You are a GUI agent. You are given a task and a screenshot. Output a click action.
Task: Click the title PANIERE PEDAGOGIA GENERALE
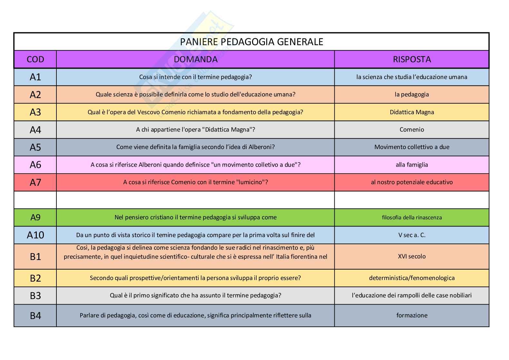click(251, 42)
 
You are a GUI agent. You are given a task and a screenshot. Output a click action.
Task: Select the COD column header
click(35, 59)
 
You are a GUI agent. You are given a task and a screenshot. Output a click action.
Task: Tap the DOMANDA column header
click(195, 59)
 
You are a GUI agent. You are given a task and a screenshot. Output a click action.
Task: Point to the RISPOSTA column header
click(412, 59)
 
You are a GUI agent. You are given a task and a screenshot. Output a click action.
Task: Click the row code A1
click(35, 77)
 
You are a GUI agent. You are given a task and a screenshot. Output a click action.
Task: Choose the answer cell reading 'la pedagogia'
click(412, 95)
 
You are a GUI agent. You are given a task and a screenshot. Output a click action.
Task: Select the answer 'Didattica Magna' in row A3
click(412, 112)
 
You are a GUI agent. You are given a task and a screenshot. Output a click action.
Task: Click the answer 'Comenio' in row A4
click(412, 130)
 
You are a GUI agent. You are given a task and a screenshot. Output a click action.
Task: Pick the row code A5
click(35, 147)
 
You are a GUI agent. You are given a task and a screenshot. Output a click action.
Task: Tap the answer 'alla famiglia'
click(412, 165)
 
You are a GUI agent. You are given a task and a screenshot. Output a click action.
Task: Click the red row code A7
click(35, 182)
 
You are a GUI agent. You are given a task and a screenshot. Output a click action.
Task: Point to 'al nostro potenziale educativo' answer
click(412, 182)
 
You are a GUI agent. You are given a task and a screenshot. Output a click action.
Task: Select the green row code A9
click(35, 217)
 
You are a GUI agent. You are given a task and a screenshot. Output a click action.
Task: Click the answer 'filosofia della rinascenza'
click(412, 217)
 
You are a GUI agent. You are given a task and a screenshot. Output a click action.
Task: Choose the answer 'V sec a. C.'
click(412, 235)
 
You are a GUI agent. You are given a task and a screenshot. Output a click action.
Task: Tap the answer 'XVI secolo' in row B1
click(412, 256)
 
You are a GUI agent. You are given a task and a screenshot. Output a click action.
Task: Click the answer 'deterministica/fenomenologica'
click(412, 278)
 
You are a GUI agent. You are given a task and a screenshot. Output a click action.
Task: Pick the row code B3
click(35, 295)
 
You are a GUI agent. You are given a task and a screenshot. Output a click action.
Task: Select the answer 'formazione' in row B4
click(412, 315)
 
